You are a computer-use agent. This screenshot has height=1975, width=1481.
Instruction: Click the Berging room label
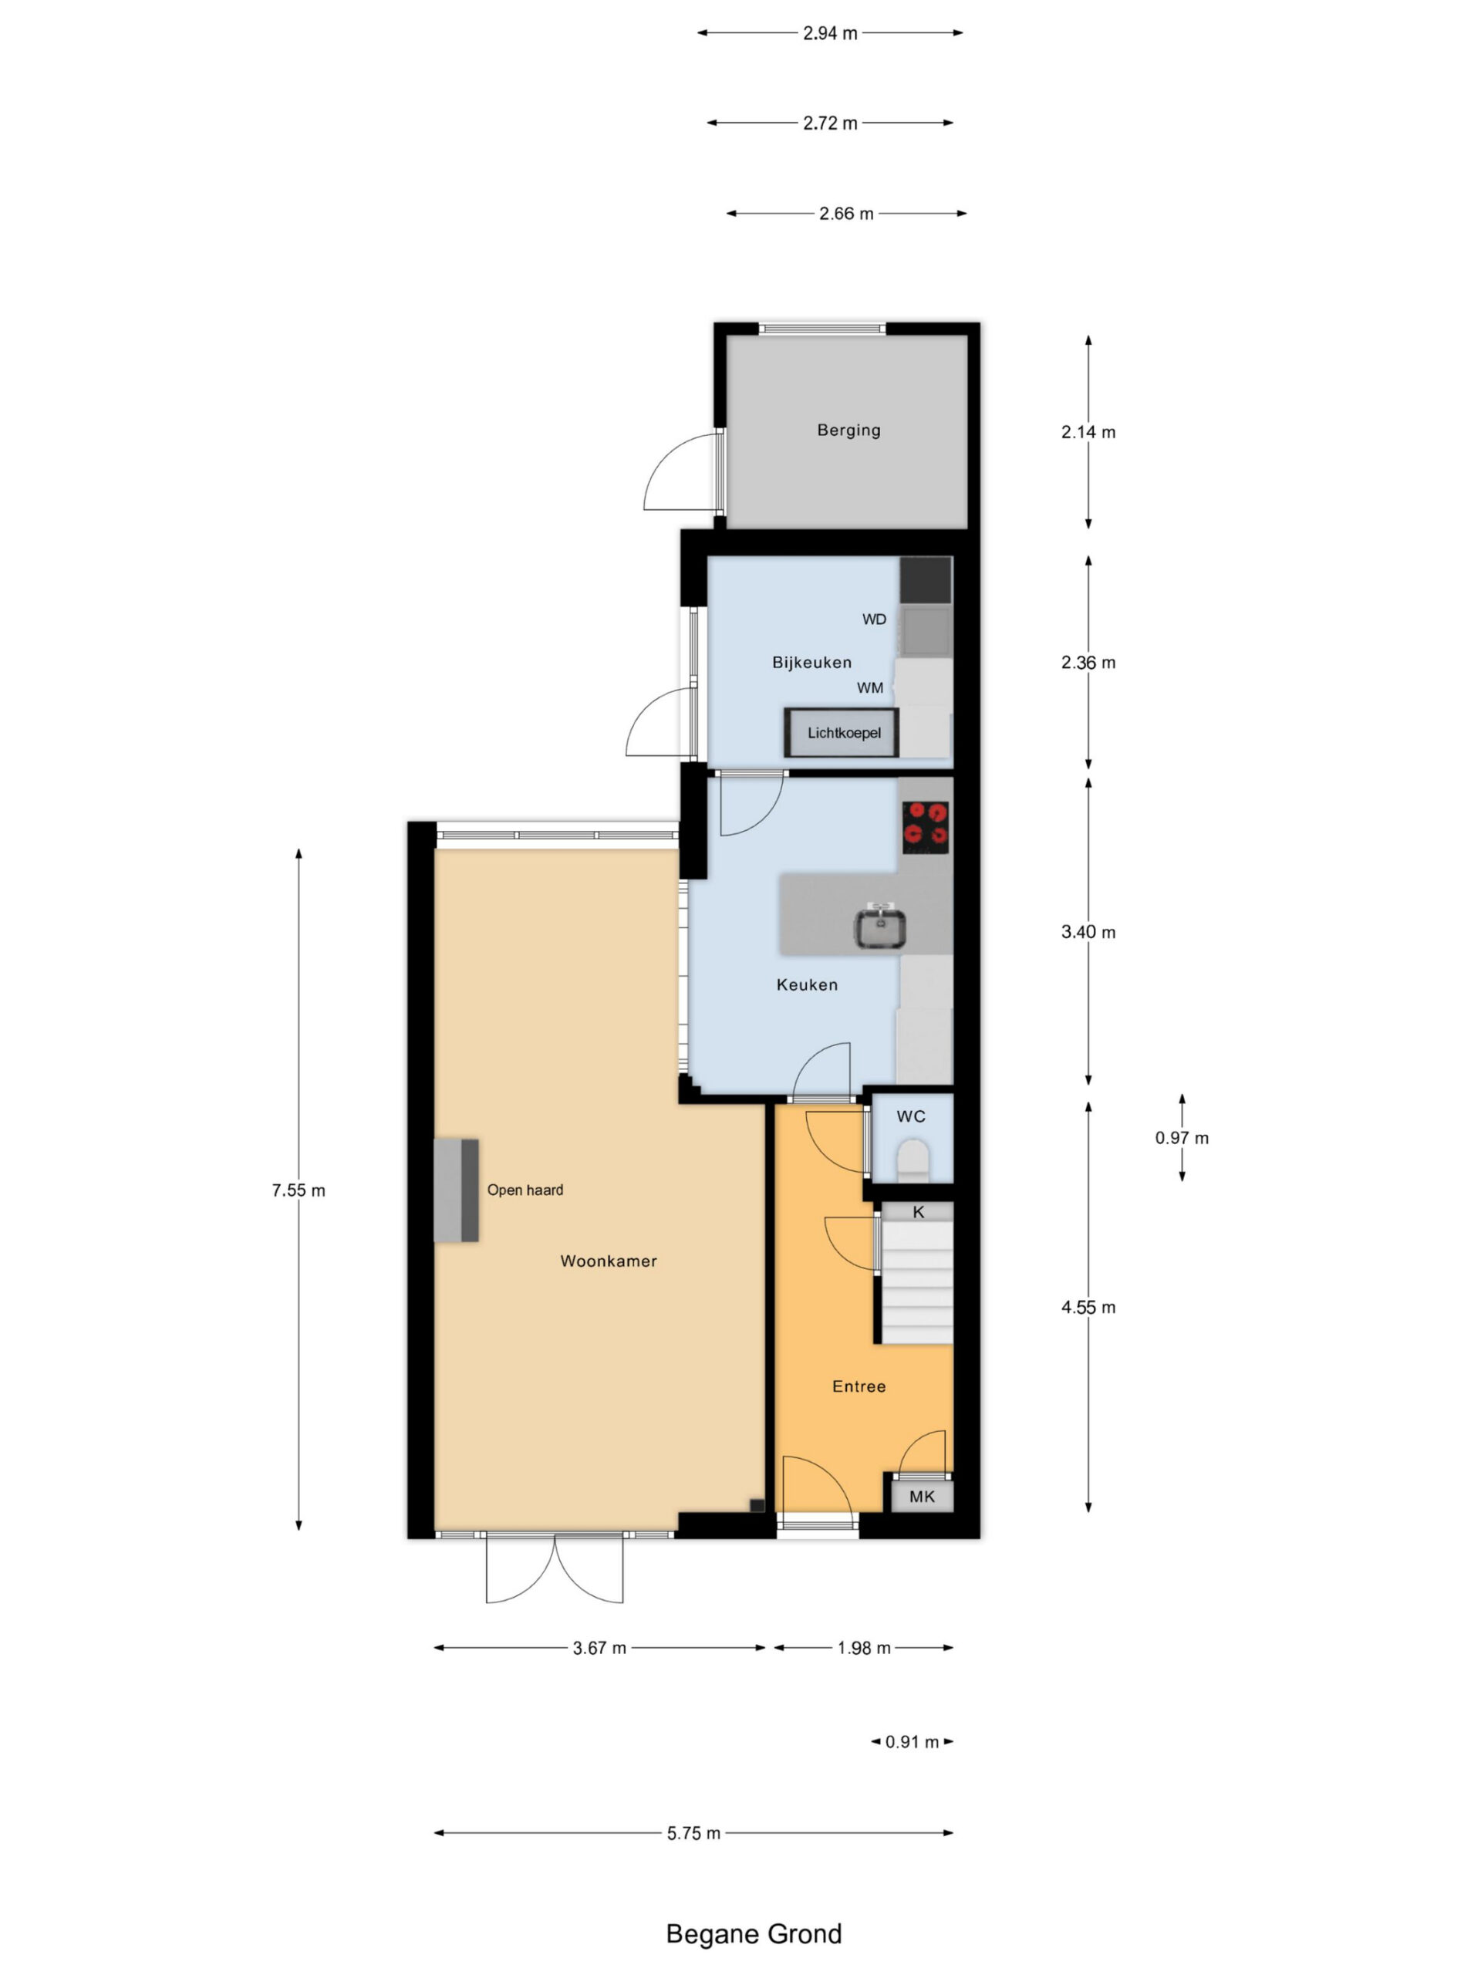[848, 430]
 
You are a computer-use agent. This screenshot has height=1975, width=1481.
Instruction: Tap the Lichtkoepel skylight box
[842, 732]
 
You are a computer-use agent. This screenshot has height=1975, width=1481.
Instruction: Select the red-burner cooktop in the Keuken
[925, 827]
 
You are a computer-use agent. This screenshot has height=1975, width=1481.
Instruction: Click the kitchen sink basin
[880, 927]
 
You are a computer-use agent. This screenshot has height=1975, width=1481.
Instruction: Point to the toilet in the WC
[913, 1160]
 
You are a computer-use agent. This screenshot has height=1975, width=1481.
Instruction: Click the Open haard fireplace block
[456, 1190]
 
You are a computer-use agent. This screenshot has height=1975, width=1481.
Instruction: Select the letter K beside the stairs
[919, 1211]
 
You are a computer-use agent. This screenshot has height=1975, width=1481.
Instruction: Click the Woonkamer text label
[609, 1261]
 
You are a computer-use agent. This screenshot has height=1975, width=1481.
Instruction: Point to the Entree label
[859, 1386]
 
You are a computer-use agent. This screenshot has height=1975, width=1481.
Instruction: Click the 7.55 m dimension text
[299, 1190]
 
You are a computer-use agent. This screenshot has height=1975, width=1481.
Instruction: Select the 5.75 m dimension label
[693, 1833]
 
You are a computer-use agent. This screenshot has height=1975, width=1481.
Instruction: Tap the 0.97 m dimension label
[1182, 1137]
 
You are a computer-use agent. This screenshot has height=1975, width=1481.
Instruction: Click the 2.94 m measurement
[830, 33]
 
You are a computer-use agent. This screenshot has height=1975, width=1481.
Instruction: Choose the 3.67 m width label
[599, 1648]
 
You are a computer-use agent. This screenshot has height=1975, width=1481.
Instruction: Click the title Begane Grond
[754, 1934]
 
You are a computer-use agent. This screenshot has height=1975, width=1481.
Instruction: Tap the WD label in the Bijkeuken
[874, 619]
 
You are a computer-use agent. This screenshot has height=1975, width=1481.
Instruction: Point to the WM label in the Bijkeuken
[870, 687]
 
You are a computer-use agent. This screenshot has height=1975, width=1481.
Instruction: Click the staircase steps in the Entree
[917, 1284]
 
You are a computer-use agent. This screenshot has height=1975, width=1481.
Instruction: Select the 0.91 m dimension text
[913, 1742]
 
